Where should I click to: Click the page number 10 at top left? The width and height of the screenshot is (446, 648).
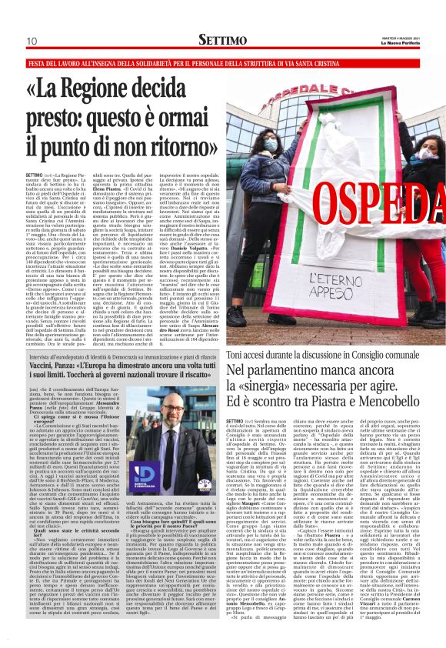coord(32,41)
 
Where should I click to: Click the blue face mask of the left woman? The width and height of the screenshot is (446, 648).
coord(271,145)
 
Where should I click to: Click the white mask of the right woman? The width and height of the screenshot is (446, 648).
coord(427,153)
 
